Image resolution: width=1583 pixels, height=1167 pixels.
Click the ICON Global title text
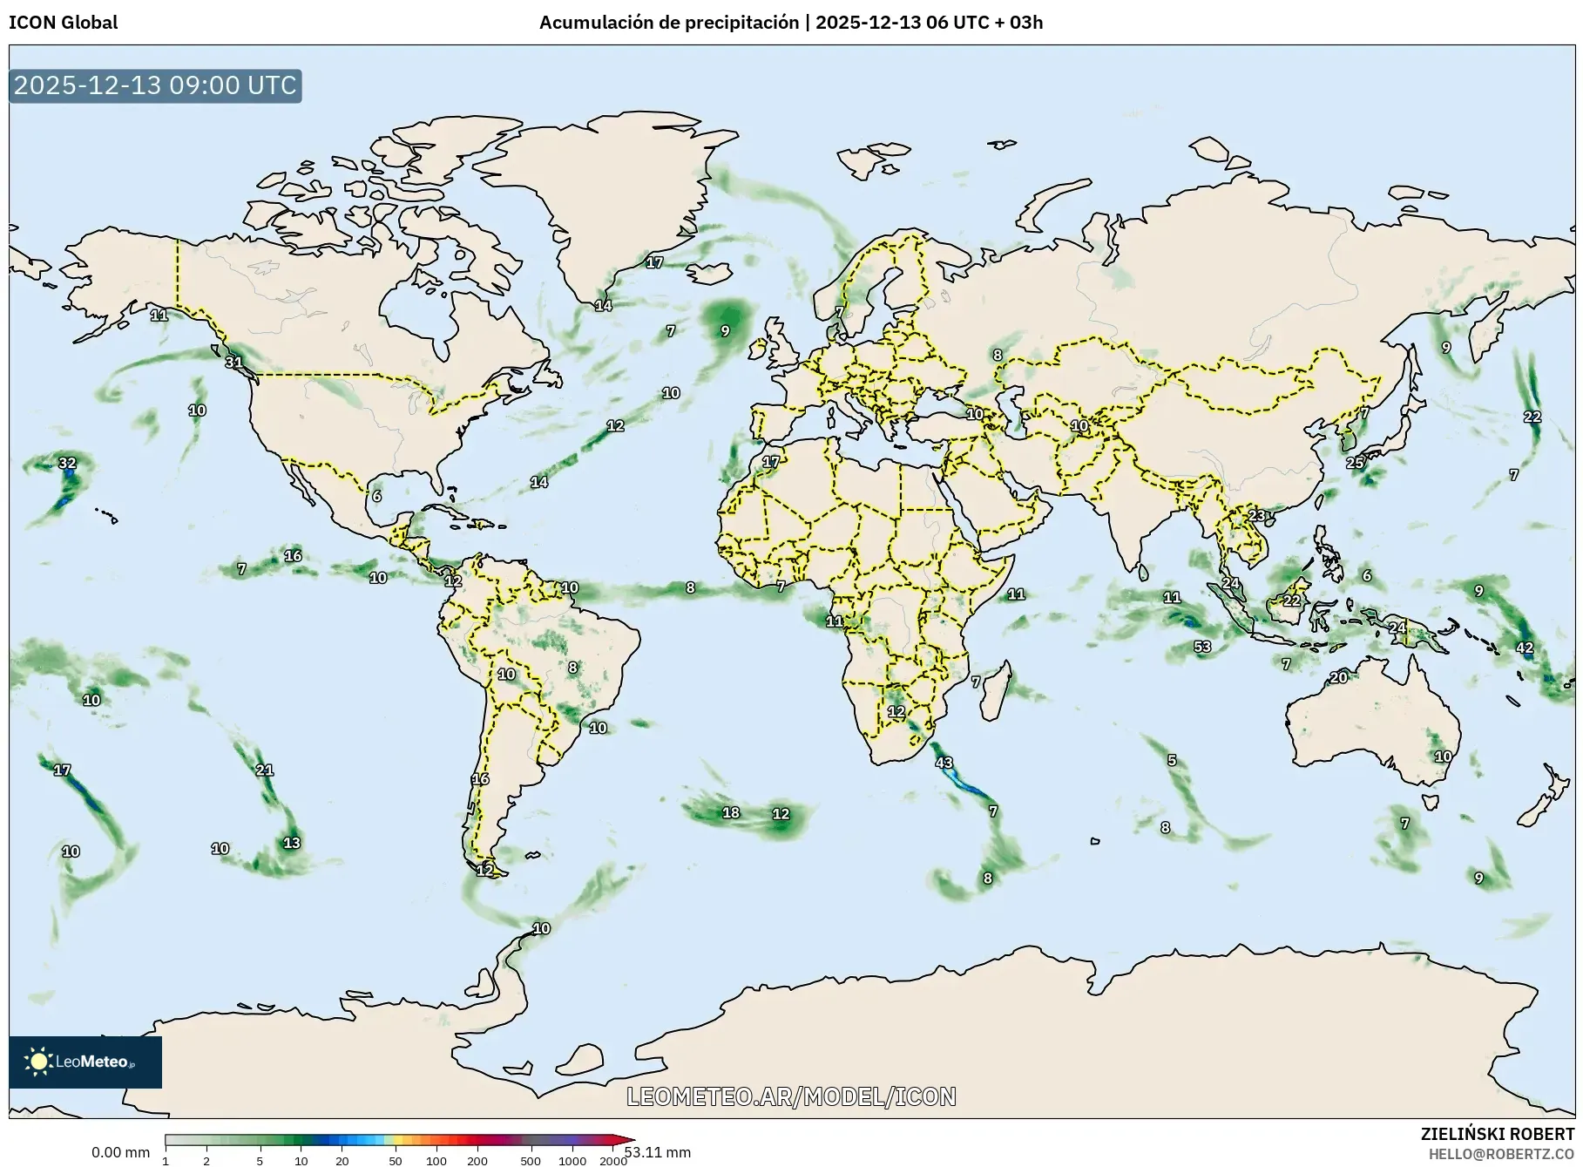[63, 23]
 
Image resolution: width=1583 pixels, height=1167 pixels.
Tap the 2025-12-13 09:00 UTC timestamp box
[155, 85]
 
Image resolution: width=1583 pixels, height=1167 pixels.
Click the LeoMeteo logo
[85, 1062]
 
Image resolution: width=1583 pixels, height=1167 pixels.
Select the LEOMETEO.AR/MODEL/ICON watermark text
[791, 1096]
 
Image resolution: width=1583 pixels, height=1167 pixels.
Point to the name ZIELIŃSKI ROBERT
[1497, 1135]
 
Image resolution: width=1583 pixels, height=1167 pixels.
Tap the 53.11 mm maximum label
[658, 1152]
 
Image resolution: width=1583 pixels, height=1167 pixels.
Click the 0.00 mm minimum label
[120, 1152]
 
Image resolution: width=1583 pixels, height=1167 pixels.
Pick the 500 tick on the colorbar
[530, 1161]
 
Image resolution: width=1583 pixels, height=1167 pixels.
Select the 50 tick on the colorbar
[396, 1161]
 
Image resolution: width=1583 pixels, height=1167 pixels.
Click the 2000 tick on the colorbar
[613, 1161]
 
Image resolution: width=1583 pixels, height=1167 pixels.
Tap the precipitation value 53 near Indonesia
[1202, 647]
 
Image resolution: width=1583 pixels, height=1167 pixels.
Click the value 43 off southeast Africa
[944, 763]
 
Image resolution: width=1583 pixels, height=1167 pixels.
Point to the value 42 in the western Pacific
[1525, 648]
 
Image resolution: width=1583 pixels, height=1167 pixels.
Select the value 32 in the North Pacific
[67, 463]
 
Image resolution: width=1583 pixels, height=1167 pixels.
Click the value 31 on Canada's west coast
[233, 363]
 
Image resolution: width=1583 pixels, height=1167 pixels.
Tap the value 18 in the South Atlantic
[731, 813]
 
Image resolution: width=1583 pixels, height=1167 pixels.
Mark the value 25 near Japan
[1355, 463]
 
